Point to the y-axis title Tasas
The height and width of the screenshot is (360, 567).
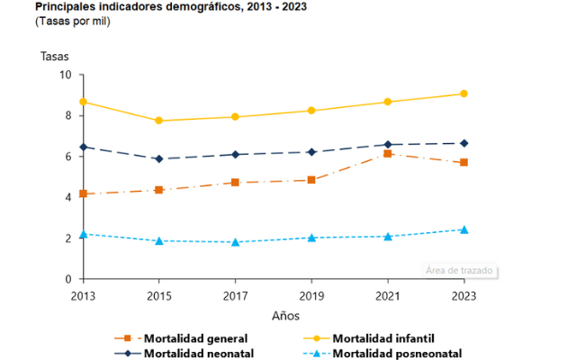click(54, 56)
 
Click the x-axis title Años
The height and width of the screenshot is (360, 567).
click(286, 316)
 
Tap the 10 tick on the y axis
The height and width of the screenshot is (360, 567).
click(65, 75)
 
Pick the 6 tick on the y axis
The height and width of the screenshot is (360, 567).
click(67, 157)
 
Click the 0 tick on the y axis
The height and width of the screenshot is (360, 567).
click(67, 280)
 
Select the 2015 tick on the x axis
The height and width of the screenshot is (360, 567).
click(159, 295)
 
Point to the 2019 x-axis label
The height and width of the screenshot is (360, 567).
click(311, 295)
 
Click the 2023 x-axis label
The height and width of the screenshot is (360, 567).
click(463, 295)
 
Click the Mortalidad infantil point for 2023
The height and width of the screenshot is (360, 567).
click(463, 94)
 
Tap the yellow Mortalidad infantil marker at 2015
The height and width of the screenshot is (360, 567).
click(159, 121)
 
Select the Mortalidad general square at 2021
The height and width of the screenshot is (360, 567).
click(388, 154)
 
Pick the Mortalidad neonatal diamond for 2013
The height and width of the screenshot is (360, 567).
click(83, 147)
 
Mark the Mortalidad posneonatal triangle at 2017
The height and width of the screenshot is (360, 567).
click(235, 242)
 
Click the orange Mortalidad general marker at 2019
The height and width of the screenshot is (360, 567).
click(311, 180)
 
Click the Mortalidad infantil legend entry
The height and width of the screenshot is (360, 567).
click(384, 338)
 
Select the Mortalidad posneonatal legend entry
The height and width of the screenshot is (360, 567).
click(398, 354)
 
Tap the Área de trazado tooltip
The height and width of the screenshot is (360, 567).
click(461, 271)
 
